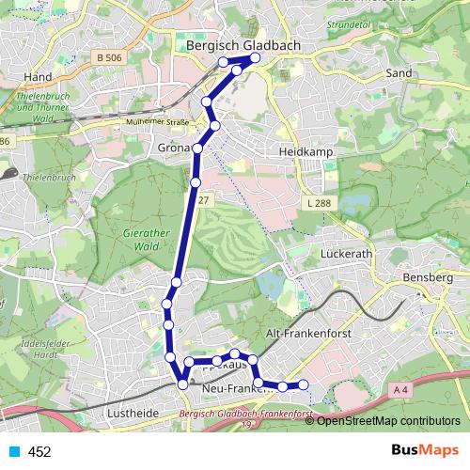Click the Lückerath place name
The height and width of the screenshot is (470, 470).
(348, 254)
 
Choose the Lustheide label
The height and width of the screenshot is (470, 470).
(133, 412)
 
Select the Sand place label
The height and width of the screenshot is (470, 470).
(399, 72)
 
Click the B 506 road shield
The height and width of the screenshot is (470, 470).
(109, 58)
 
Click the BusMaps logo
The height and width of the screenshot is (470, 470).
(420, 451)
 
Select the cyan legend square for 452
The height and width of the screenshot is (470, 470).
(12, 452)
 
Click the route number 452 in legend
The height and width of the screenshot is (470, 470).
(39, 452)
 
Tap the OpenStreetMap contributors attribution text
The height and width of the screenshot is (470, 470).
(388, 420)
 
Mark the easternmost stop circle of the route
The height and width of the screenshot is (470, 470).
(304, 384)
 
